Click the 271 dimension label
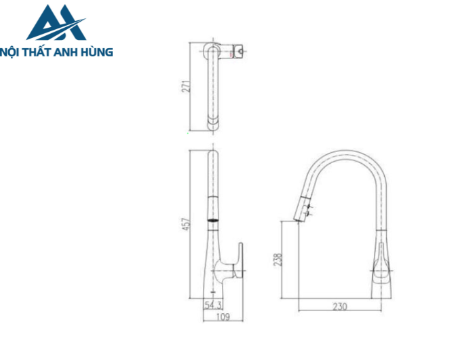tap(193, 86)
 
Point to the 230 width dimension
tap(340, 306)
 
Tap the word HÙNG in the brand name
tap(96, 52)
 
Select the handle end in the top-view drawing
tap(239, 52)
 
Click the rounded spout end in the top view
tap(213, 125)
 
